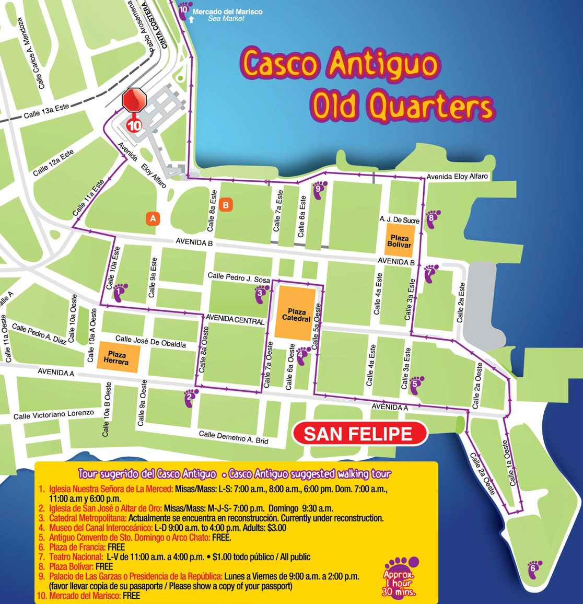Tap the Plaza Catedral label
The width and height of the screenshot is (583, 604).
(296, 315)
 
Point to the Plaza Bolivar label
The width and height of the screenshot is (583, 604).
(400, 241)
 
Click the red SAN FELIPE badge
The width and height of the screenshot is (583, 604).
(358, 434)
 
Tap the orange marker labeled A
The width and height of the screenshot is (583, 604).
(153, 218)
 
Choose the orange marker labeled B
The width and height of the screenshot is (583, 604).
(226, 205)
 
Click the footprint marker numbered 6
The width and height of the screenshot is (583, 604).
(534, 568)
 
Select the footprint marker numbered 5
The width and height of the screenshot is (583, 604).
(416, 385)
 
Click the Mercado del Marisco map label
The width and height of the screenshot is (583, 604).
(227, 11)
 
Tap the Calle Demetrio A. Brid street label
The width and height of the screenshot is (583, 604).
(234, 437)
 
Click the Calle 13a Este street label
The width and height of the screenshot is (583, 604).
(46, 111)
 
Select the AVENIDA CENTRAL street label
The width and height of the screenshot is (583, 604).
(235, 319)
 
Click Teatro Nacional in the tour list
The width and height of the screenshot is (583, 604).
(76, 557)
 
